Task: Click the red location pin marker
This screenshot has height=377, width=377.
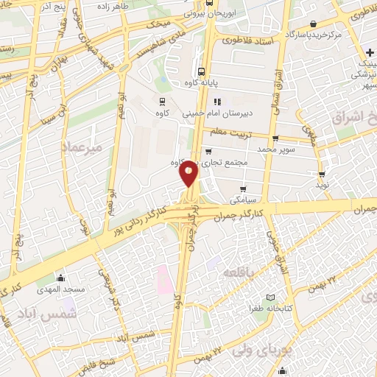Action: (189, 172)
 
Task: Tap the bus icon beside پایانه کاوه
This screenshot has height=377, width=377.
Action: (202, 72)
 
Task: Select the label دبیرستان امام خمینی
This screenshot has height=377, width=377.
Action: (246, 113)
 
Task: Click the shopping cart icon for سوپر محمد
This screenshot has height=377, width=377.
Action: (275, 138)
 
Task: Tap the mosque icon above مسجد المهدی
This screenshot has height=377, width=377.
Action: (60, 278)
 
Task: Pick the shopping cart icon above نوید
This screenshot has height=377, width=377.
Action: (322, 174)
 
